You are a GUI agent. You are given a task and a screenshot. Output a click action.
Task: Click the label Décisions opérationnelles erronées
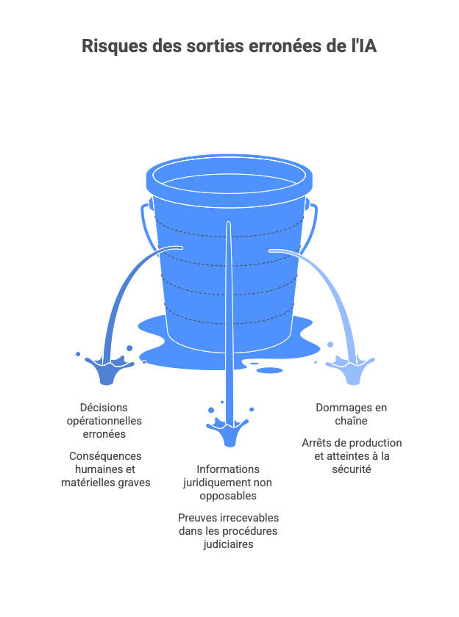(x=104, y=421)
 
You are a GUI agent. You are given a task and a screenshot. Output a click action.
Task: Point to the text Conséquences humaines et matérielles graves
(x=105, y=469)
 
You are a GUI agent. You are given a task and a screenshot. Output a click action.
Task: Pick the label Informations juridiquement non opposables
(x=228, y=483)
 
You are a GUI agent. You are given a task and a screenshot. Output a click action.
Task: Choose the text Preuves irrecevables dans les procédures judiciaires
(x=228, y=531)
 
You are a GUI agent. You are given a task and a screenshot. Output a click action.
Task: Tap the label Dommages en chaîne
(x=351, y=414)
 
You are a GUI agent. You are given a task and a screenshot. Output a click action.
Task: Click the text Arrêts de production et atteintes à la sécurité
(x=351, y=456)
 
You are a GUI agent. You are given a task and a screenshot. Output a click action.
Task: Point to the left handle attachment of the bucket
(x=150, y=203)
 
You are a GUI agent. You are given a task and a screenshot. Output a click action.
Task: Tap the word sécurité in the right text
(x=351, y=469)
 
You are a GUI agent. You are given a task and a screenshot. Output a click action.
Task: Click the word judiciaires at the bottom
(x=228, y=544)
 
